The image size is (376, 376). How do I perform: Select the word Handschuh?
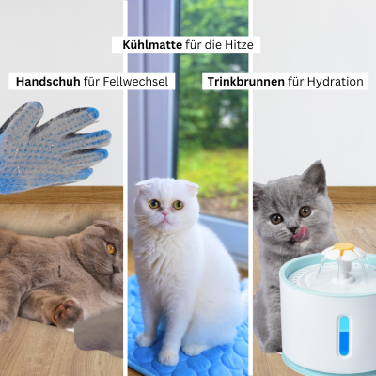[x=49, y=82]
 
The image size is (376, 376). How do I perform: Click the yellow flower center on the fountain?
[x=345, y=251]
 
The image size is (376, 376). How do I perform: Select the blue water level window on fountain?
[x=343, y=335]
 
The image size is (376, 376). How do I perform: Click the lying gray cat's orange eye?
[x=110, y=248]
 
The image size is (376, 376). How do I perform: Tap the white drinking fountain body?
[x=324, y=320]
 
